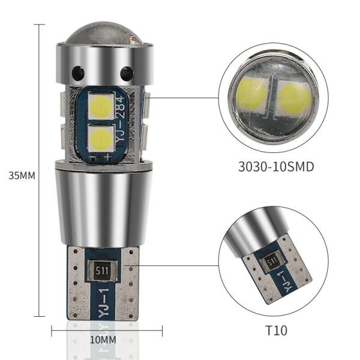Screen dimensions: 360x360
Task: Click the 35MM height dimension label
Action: (22, 176)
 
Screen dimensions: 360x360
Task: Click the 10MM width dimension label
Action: (103, 340)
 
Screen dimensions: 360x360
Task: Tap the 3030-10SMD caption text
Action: (276, 166)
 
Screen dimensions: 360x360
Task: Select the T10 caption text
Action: (276, 331)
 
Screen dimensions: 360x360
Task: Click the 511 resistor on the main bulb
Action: (102, 271)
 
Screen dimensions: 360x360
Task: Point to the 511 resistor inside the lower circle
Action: (272, 262)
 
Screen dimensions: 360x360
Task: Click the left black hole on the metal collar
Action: (78, 73)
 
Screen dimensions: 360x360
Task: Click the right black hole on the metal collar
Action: (127, 74)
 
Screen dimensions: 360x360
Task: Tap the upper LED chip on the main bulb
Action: (101, 107)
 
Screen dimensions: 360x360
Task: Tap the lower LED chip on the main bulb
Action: (101, 139)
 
